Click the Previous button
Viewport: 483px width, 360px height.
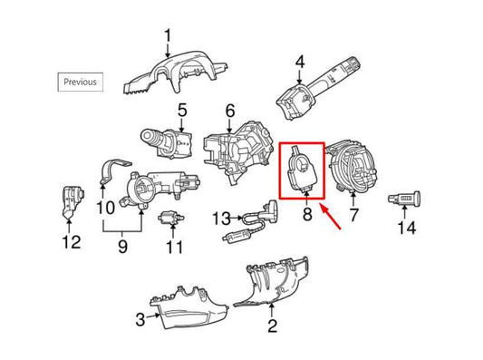80,81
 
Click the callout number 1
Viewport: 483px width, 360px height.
168,36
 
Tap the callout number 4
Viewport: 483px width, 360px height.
302,64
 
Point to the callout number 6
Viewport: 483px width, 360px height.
229,112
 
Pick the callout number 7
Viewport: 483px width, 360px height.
354,216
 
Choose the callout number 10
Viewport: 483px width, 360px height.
104,208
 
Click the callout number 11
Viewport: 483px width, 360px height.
174,247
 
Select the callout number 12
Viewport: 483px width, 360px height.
71,242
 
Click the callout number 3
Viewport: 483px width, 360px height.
140,318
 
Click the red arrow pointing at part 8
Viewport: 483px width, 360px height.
328,218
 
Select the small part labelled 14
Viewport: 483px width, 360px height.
405,196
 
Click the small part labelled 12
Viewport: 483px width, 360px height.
69,202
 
